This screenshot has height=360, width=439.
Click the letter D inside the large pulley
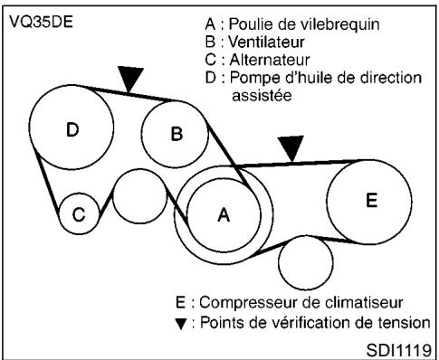(72, 130)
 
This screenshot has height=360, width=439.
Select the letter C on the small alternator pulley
(79, 215)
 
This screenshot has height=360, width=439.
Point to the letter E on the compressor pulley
(371, 201)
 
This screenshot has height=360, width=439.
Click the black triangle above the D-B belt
(132, 80)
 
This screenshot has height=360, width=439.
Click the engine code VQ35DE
(33, 19)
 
